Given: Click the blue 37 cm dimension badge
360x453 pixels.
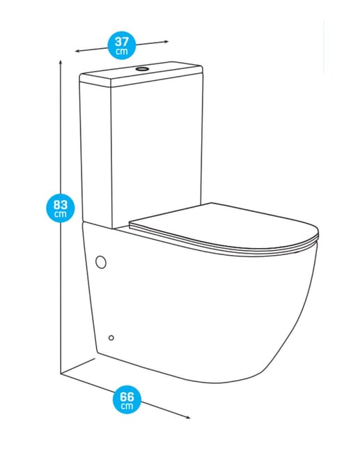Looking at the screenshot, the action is pyautogui.click(x=122, y=45).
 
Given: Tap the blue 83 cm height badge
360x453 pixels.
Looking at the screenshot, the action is pyautogui.click(x=61, y=208).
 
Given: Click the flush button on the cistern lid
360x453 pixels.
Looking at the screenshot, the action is pyautogui.click(x=142, y=69).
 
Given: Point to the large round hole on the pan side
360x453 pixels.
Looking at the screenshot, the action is pyautogui.click(x=101, y=262).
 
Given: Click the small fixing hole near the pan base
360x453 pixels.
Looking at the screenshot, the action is pyautogui.click(x=111, y=338).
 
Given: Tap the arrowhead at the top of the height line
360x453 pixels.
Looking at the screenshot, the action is pyautogui.click(x=61, y=62).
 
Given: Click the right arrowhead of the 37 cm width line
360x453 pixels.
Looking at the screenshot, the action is pyautogui.click(x=166, y=42).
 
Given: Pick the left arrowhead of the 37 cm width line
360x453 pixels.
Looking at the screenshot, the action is pyautogui.click(x=77, y=51).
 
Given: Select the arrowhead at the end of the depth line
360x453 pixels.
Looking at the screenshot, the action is pyautogui.click(x=188, y=417).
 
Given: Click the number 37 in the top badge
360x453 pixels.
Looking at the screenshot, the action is pyautogui.click(x=122, y=43).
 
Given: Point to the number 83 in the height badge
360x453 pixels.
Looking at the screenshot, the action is pyautogui.click(x=61, y=205).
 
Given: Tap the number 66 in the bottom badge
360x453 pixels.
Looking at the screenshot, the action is pyautogui.click(x=127, y=397).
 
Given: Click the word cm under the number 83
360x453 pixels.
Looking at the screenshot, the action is pyautogui.click(x=61, y=214).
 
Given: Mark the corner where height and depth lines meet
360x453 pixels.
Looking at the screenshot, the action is pyautogui.click(x=61, y=374).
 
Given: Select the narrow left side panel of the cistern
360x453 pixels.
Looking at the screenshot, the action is pyautogui.click(x=96, y=153).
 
